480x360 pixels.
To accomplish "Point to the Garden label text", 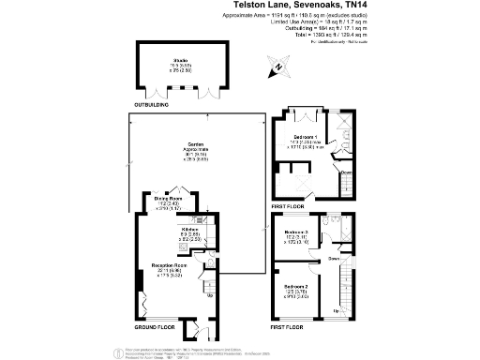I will [196, 143].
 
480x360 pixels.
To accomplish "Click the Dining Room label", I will [169, 199].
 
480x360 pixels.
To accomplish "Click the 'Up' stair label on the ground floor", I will [209, 295].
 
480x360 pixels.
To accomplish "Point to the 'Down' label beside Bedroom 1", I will [346, 172].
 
